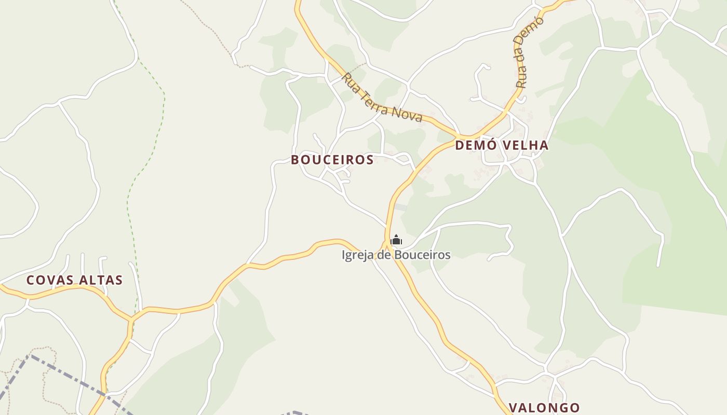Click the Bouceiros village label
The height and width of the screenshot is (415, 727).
coord(332,160)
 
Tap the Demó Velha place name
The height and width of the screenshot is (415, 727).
coord(502,145)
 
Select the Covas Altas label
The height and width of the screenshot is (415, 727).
coord(74,281)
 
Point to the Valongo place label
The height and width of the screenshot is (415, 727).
coord(544,408)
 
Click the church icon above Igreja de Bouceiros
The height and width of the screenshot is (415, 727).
coord(396,240)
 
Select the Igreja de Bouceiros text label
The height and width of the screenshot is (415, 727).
coord(396,255)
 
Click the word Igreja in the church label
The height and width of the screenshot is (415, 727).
coord(356,255)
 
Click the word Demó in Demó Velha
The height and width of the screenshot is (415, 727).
coord(473,145)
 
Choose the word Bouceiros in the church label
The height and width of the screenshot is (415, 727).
coord(422,255)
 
